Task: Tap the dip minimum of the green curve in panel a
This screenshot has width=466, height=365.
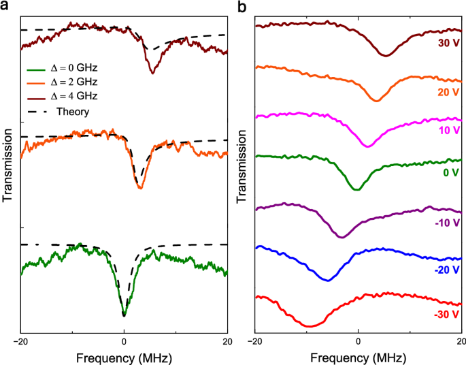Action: coord(124,315)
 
